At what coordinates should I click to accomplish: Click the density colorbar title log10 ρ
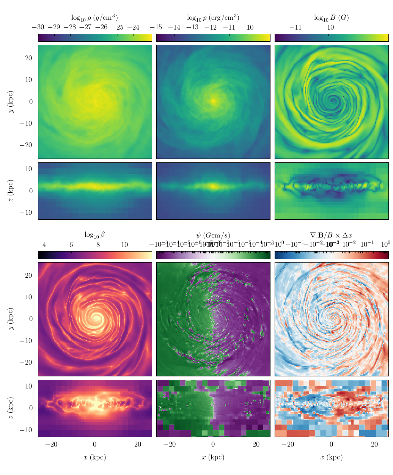pos(94,18)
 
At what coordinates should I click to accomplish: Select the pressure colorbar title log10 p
pos(213,18)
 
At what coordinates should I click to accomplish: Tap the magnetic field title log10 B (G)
pos(331,18)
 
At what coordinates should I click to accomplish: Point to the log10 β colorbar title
pos(94,235)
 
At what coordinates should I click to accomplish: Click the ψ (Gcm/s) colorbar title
pos(213,235)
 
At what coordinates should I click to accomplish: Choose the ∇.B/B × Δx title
pos(331,235)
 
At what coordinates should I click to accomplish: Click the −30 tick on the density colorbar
pos(38,27)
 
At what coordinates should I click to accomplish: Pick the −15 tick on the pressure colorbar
pos(156,27)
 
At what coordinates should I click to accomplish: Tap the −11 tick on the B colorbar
pos(296,27)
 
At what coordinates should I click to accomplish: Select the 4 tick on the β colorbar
pos(44,245)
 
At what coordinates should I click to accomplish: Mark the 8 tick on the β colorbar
pos(98,245)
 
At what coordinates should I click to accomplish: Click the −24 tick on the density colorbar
pos(133,27)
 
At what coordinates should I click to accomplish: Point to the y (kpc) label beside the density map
pos(11,102)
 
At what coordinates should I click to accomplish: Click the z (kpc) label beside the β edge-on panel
pos(11,408)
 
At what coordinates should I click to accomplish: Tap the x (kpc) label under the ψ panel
pos(213,458)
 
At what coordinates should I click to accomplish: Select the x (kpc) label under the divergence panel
pos(331,458)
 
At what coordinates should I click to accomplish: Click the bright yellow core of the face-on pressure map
pos(213,101)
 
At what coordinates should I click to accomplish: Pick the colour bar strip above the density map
pos(94,38)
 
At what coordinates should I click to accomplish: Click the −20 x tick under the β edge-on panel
pos(52,445)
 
